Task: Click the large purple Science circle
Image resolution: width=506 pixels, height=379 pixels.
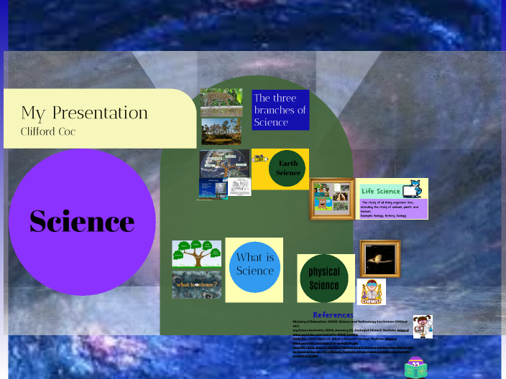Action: click(x=82, y=221)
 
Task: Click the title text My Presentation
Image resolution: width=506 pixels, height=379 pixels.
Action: click(x=84, y=113)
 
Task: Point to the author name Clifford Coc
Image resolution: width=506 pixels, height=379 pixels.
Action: click(x=49, y=132)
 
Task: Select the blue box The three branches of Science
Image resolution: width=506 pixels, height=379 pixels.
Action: click(x=280, y=110)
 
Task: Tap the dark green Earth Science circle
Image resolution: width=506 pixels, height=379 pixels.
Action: click(x=287, y=169)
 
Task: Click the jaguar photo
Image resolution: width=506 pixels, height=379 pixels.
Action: click(x=221, y=102)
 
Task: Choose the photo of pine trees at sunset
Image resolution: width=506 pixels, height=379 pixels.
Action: click(x=221, y=131)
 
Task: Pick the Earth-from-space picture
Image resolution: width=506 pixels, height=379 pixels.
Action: click(x=224, y=163)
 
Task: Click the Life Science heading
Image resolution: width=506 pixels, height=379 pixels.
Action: click(x=381, y=191)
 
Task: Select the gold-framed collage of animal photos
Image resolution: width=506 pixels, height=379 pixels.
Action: click(x=332, y=199)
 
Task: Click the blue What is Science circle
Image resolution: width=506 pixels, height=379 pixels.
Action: click(x=254, y=265)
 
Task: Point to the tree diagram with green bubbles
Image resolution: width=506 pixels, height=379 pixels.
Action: click(x=196, y=253)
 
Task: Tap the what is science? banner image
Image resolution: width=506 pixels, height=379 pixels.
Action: click(x=196, y=284)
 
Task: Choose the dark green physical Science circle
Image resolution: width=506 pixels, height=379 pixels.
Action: click(x=324, y=279)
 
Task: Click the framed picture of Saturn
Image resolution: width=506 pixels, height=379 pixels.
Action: click(x=379, y=258)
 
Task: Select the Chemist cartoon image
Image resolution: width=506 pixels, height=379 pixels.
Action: click(x=371, y=291)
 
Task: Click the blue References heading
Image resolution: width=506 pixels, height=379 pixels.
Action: click(x=333, y=314)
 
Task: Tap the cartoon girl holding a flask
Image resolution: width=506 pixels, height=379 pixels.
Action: click(x=422, y=326)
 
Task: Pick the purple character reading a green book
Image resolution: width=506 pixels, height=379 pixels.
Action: click(x=415, y=368)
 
